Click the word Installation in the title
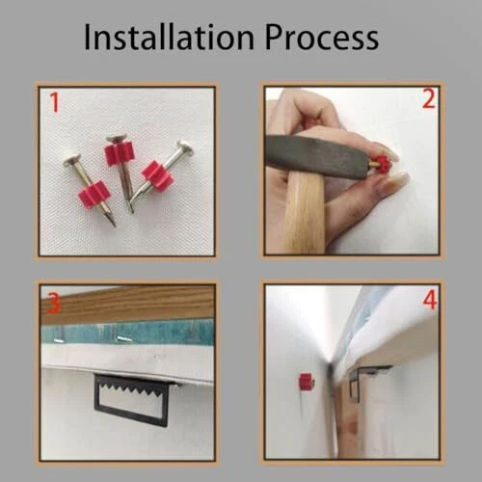(170, 38)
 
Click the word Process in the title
(322, 38)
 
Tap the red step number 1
(55, 102)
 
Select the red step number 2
(429, 99)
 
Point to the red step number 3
(53, 303)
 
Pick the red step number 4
(430, 300)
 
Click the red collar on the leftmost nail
(94, 195)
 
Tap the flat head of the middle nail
(117, 139)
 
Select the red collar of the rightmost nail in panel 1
(157, 176)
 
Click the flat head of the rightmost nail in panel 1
(185, 147)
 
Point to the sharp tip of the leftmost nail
(114, 225)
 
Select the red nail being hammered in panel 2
(379, 164)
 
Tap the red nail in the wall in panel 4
(307, 382)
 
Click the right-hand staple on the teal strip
(124, 338)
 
